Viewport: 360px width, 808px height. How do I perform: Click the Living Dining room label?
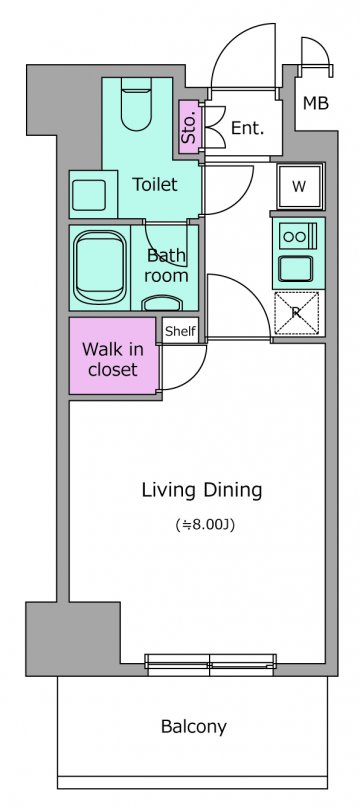click(202, 491)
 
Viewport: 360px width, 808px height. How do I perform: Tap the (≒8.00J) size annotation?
click(205, 526)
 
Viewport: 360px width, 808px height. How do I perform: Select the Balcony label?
click(194, 727)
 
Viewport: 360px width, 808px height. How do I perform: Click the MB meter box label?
click(315, 104)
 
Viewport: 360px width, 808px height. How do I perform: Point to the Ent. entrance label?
click(247, 128)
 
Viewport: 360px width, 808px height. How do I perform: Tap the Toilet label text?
click(155, 184)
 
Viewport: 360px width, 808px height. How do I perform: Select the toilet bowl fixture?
click(136, 103)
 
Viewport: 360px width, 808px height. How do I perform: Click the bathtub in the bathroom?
click(100, 267)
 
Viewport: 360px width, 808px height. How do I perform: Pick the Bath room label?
click(166, 265)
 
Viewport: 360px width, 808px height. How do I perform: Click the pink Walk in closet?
click(113, 356)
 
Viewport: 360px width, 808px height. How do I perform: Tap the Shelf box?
click(180, 330)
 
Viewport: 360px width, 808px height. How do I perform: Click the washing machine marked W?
click(299, 187)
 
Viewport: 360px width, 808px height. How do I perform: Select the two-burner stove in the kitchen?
click(296, 237)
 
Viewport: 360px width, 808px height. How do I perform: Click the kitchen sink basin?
click(295, 267)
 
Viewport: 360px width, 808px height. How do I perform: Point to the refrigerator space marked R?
click(296, 313)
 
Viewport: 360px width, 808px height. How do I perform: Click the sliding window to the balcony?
click(210, 664)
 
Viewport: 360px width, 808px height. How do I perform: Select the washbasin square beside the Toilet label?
click(89, 195)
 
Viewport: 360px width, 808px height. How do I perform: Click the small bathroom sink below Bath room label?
click(162, 302)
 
